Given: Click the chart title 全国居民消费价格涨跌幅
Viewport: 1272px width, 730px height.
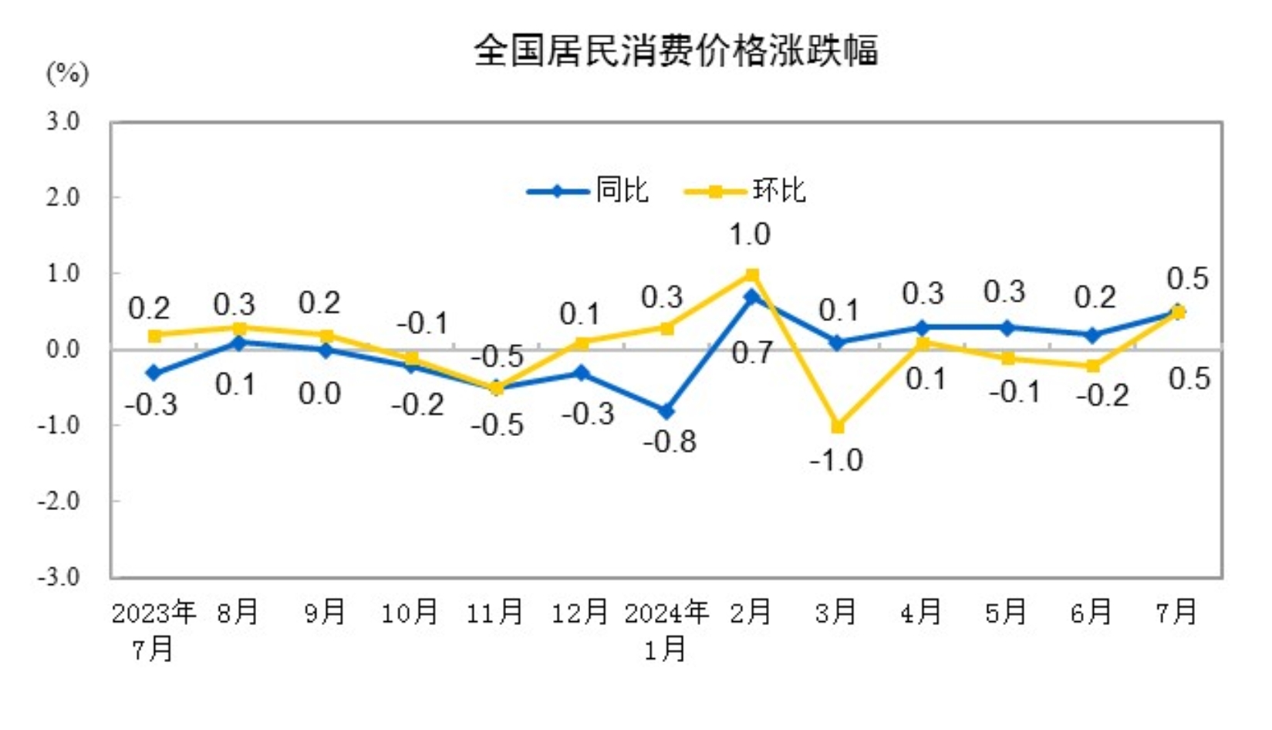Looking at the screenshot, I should tap(675, 51).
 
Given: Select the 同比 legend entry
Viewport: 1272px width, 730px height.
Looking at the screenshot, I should tap(621, 191).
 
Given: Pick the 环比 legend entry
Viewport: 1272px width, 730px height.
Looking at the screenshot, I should tap(778, 191).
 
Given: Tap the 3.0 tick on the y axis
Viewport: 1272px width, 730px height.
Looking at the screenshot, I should tap(62, 121).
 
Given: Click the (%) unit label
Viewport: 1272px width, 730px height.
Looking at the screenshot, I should tap(67, 74).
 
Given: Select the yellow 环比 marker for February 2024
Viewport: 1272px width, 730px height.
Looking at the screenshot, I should tap(752, 275).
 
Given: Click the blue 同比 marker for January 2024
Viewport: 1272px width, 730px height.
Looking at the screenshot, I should tap(666, 411).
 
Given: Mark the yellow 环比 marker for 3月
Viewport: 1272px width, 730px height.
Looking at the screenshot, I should tap(838, 426).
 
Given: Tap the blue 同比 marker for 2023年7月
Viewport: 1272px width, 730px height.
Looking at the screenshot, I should tap(154, 373).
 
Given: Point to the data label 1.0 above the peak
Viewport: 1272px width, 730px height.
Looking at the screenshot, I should tap(750, 235).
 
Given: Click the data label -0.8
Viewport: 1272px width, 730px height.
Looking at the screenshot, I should tap(670, 442).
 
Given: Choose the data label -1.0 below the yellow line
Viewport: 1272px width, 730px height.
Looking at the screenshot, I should tap(836, 461).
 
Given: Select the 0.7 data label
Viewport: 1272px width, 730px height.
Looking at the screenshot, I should tap(751, 353).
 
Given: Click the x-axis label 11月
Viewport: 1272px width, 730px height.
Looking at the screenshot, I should tap(495, 613).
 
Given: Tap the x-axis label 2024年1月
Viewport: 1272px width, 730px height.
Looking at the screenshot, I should tap(666, 629).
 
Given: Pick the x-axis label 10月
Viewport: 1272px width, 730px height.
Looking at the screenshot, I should tap(410, 613).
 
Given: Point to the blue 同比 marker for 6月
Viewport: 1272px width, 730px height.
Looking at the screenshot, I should tap(1093, 335).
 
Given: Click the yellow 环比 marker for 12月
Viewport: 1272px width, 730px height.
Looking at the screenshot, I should tap(582, 343).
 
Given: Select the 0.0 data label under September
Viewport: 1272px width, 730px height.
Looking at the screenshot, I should tap(319, 394).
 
